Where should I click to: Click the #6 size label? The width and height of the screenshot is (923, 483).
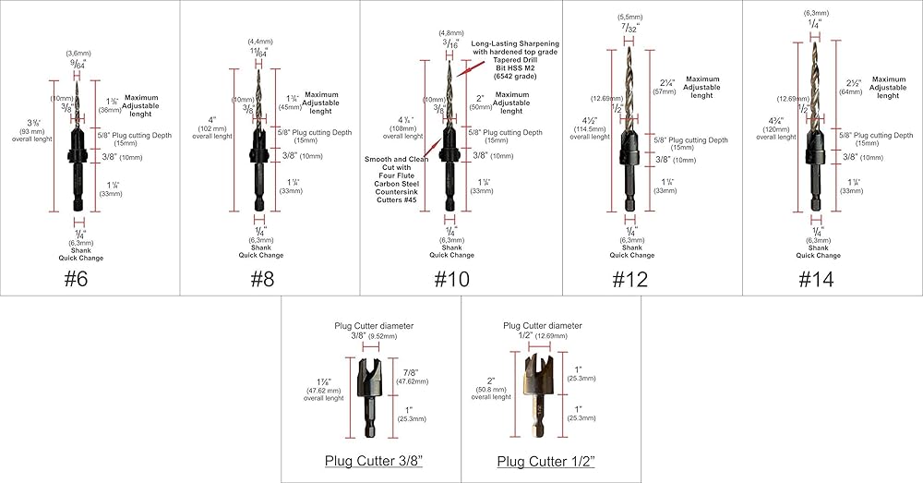(77, 279)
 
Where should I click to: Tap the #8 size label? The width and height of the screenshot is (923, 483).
(257, 279)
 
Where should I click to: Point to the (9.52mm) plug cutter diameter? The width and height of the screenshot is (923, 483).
(384, 337)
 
